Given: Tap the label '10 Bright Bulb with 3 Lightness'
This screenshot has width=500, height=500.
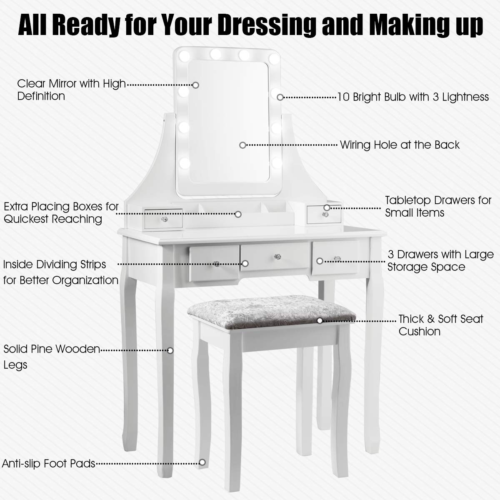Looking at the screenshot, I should click(412, 97).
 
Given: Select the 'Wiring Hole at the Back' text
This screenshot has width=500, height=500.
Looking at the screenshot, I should click(400, 145).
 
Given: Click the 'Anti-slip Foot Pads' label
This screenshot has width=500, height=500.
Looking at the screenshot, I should click(49, 463).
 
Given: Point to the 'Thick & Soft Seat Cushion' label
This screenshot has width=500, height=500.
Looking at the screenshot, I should click(440, 325).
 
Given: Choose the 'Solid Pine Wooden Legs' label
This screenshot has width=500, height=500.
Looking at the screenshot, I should click(52, 357).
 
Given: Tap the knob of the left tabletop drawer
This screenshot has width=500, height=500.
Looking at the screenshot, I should click(165, 219).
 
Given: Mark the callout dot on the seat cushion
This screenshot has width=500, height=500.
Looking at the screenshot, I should click(320, 321).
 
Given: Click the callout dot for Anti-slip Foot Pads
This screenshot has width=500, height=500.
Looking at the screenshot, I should click(202, 462).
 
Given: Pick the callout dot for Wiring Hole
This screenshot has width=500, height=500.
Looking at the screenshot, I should click(242, 145).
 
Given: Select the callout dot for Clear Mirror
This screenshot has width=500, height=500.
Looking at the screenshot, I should click(195, 85).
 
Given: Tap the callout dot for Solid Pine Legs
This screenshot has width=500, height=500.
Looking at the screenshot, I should click(170, 350).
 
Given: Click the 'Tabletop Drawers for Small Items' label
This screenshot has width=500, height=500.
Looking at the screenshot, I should click(438, 206).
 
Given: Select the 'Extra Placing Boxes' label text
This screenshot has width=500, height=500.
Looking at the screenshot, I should click(61, 212).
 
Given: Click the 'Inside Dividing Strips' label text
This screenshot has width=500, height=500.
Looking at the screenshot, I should click(60, 272).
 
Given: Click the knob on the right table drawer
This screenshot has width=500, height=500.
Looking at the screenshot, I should click(336, 259).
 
